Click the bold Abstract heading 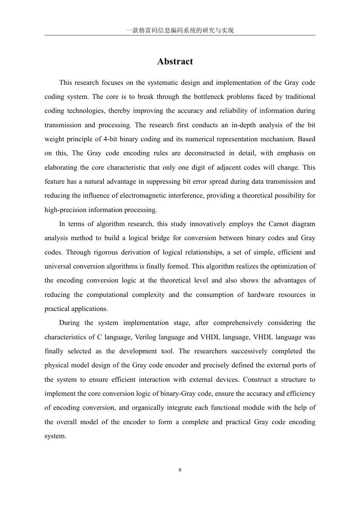(175, 62)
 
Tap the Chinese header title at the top (180, 30)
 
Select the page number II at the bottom (180, 470)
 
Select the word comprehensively (238, 323)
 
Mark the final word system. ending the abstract (55, 436)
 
